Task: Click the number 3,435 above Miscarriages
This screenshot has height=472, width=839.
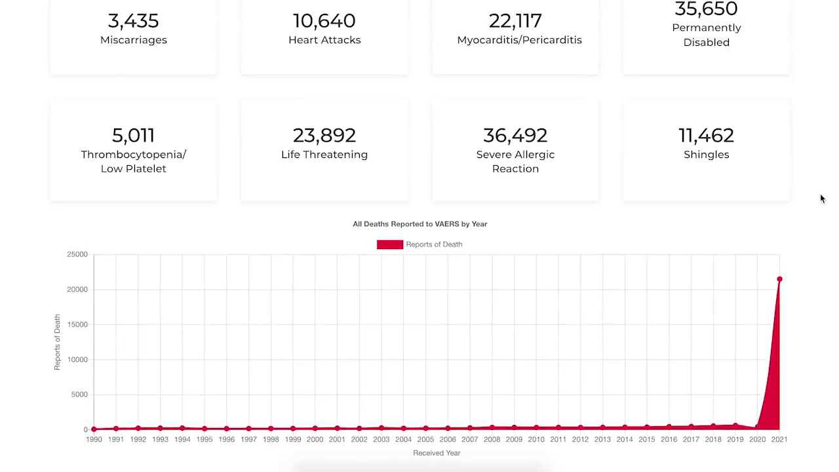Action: click(133, 21)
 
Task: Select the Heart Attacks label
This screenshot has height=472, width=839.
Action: click(324, 40)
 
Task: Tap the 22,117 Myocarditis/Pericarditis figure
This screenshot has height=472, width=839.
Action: click(515, 21)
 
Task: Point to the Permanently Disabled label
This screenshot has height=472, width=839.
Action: click(706, 35)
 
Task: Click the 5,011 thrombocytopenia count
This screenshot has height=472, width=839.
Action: click(133, 136)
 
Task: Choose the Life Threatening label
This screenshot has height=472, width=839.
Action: click(324, 155)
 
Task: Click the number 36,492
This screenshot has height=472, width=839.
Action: click(515, 136)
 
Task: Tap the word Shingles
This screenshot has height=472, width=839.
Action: click(706, 155)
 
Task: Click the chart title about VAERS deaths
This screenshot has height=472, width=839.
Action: click(419, 224)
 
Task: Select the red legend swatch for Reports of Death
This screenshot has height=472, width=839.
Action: click(389, 245)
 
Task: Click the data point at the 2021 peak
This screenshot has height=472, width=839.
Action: click(779, 280)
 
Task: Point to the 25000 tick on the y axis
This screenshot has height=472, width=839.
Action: click(77, 254)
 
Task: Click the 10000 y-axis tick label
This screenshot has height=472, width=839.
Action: click(77, 360)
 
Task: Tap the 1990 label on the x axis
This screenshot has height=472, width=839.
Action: click(94, 439)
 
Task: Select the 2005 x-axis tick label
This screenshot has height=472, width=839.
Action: click(425, 439)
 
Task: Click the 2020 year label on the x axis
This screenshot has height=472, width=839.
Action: click(757, 439)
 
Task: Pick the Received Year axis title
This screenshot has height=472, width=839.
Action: click(437, 453)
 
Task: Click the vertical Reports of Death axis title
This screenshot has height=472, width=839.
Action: click(57, 342)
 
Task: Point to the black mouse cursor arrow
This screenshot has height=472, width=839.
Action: click(823, 199)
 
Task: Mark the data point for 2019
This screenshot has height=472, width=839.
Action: click(735, 426)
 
